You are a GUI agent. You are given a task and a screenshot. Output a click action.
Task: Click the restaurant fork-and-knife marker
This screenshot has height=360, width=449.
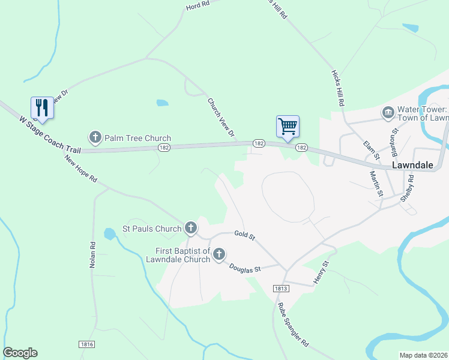click(x=41, y=108)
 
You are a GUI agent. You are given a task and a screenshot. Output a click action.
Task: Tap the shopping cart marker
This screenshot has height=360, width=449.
click(x=288, y=127)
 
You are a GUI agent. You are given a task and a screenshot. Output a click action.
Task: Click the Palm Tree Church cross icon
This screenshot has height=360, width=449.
click(x=95, y=138)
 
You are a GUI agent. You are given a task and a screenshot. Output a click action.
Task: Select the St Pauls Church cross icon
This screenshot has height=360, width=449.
click(x=191, y=228)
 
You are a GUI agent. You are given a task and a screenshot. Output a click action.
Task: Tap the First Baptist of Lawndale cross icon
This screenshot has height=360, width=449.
click(x=218, y=254)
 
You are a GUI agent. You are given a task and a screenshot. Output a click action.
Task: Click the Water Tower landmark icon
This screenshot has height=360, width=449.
click(x=388, y=113)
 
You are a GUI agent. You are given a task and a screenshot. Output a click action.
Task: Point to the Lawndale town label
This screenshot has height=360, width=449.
click(x=412, y=164)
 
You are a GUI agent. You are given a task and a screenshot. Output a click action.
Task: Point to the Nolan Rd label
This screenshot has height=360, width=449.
click(x=93, y=255)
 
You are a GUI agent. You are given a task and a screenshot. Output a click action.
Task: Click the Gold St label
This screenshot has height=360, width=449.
click(x=245, y=236)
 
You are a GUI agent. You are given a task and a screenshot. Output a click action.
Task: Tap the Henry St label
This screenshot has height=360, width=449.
click(x=322, y=272)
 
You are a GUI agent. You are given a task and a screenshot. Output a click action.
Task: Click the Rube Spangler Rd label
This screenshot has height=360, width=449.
click(x=292, y=325)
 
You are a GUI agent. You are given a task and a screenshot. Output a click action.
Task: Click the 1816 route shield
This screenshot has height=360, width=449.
click(x=87, y=344)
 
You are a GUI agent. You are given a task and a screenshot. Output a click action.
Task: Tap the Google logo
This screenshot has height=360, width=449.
click(x=20, y=353)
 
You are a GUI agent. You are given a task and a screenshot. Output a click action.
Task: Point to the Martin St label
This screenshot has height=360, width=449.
click(x=376, y=183)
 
